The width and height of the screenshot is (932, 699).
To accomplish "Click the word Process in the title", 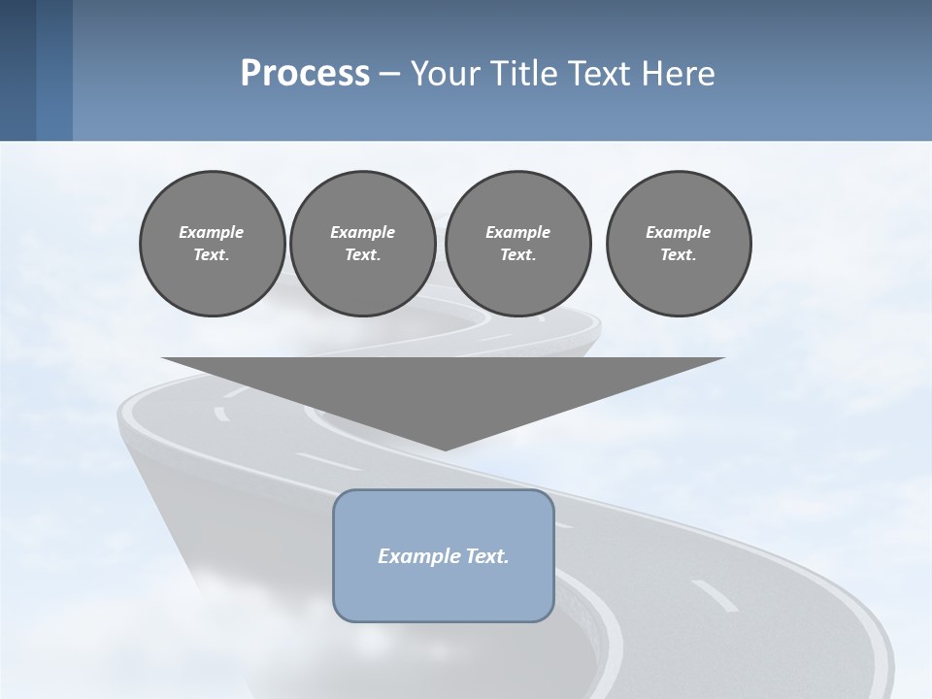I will coord(305,74).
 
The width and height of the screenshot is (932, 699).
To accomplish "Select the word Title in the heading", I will coord(527,74).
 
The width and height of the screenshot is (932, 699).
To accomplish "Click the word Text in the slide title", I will coord(603,74).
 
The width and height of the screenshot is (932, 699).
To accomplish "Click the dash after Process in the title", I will coord(389,75).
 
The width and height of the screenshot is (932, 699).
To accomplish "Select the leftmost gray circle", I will coord(212,243).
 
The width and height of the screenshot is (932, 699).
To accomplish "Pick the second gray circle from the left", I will coord(362,243).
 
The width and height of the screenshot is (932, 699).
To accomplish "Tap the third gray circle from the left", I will coord(517,243).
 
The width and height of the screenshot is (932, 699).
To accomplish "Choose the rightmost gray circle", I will coord(678,243).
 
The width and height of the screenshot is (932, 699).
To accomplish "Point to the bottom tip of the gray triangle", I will coord(444,448).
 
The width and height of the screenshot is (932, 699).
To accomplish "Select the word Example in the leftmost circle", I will coord(212,232).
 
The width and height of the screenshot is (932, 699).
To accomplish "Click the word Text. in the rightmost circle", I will coord(678,255).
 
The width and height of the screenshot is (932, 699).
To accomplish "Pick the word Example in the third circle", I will coord(517,232).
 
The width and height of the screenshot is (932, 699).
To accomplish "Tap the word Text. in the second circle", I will coord(362,255).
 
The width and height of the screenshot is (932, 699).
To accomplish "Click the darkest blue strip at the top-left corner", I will coord(17,70).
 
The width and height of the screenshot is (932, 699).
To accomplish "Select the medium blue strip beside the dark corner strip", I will coord(54,70).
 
